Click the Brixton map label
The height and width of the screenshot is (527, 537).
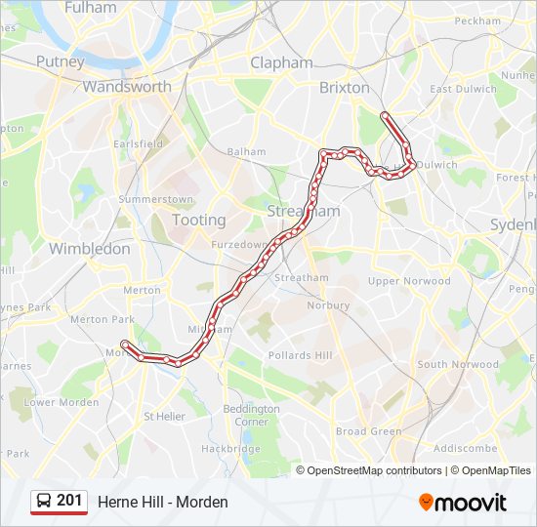344,87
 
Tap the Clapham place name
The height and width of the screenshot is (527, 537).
281,62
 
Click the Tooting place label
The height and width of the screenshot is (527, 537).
198,221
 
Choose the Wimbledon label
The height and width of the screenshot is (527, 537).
89,249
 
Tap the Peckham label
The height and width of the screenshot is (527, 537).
477,20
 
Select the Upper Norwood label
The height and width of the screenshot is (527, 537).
409,281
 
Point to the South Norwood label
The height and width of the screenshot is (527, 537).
458,365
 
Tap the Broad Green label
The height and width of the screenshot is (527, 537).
368,431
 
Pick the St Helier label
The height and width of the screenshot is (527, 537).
164,416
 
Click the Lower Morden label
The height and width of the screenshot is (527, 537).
61,402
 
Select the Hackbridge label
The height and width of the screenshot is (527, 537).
230,448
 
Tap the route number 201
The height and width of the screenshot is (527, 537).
69,501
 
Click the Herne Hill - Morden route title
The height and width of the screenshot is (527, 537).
162,502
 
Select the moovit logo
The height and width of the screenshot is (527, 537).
463,502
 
